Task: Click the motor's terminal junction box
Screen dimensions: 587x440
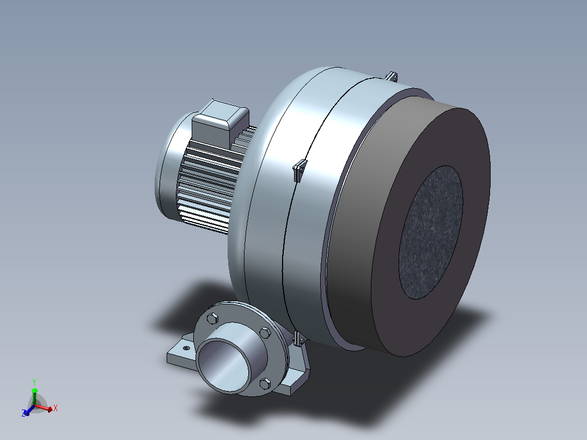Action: tap(220, 123)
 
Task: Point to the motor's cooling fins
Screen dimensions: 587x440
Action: tap(210, 184)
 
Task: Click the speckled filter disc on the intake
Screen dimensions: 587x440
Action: tap(431, 232)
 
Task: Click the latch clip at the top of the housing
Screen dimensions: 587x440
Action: tap(392, 76)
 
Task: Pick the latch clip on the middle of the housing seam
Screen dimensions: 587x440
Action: tap(300, 170)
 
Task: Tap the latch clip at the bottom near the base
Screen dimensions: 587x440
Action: tap(299, 339)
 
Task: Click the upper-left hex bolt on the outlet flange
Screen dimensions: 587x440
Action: tap(212, 319)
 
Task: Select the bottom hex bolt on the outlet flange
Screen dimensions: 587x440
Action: tap(265, 383)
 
